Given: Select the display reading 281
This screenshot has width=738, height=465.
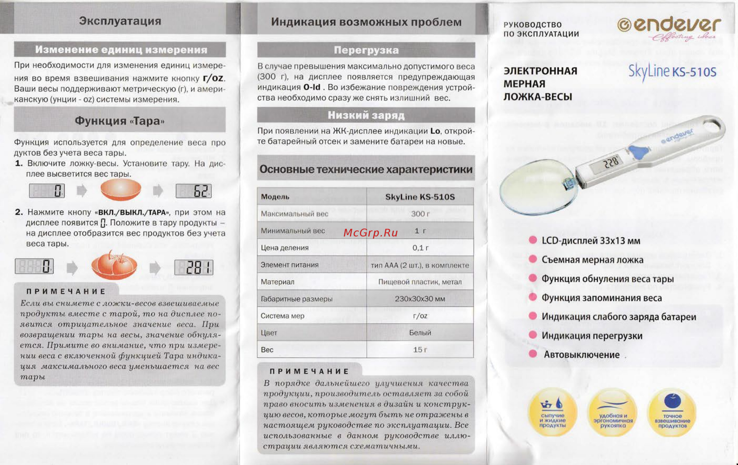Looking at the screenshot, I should pos(194,267).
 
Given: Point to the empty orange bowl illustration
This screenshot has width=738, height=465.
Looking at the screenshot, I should pos(121,190).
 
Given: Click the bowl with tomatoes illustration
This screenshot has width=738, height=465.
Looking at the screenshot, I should pos(114,265).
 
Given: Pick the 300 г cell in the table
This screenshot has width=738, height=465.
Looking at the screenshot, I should pos(420,213).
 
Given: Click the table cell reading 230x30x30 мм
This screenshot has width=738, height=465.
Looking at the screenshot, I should pos(420,299).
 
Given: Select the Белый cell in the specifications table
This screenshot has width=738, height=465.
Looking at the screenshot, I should pos(420,333).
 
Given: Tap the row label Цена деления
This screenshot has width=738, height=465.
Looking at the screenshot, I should pos(285,247).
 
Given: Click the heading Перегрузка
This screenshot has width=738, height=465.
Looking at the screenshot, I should pos(366,50).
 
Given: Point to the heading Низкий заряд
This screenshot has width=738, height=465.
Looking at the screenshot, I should pos(366,115).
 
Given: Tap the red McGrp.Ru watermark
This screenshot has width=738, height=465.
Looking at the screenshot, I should pos(371,233).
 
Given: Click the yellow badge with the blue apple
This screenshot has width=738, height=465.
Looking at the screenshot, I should pos(672,412).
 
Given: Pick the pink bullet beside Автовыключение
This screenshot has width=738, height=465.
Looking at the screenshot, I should pos(533,354).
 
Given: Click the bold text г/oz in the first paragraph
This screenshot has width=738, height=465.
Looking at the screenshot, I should pos(213,78).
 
